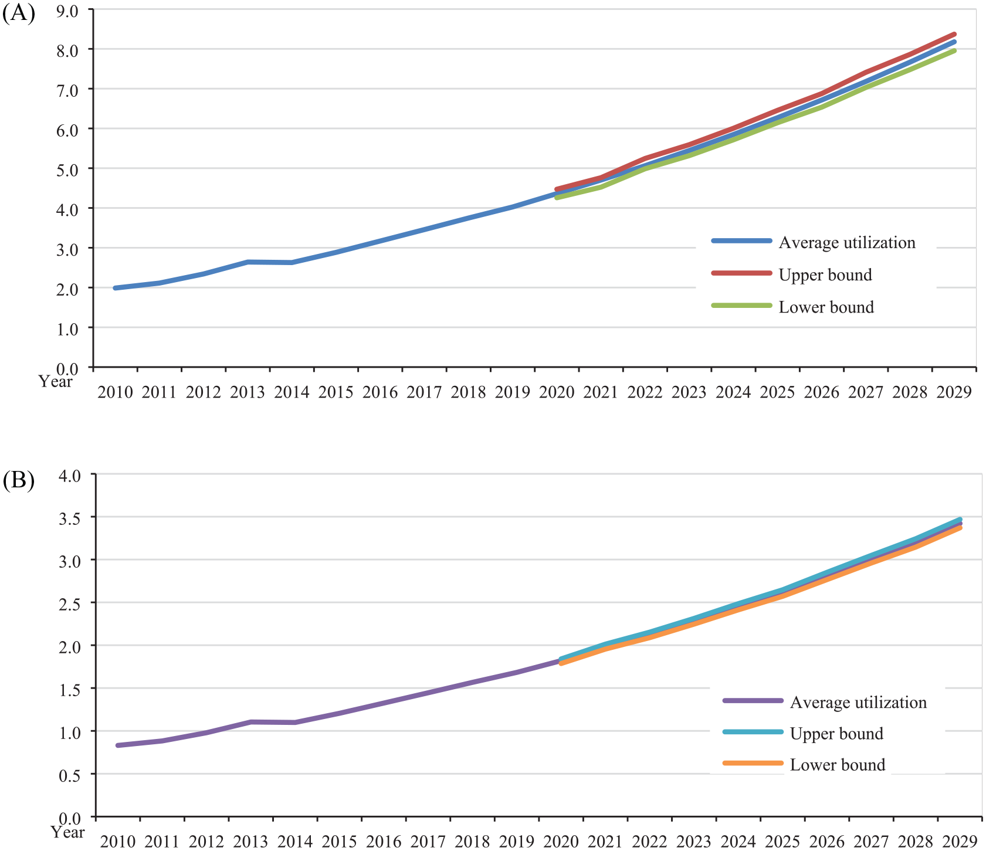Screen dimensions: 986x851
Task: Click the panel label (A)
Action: [x=19, y=13]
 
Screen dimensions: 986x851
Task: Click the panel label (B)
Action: [x=19, y=480]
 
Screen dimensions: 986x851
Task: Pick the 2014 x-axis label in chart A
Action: [x=292, y=392]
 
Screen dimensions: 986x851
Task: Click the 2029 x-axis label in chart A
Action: [x=954, y=392]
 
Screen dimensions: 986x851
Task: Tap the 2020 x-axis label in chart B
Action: [x=562, y=842]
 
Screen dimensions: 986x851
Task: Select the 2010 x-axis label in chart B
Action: [x=118, y=842]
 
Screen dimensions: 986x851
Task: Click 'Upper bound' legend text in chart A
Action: [x=825, y=275]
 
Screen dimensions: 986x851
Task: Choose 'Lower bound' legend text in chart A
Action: [x=826, y=307]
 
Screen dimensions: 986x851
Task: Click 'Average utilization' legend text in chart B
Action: [x=858, y=703]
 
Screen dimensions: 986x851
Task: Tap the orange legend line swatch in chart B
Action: [x=753, y=763]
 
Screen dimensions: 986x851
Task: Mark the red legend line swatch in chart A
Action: [x=742, y=273]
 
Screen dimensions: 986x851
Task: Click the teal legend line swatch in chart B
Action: [x=753, y=732]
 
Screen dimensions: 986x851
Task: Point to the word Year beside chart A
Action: [x=56, y=382]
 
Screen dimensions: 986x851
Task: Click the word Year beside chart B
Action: [x=67, y=832]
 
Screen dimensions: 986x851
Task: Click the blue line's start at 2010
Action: [x=116, y=288]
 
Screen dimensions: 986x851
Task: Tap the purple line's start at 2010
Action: [x=118, y=745]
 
